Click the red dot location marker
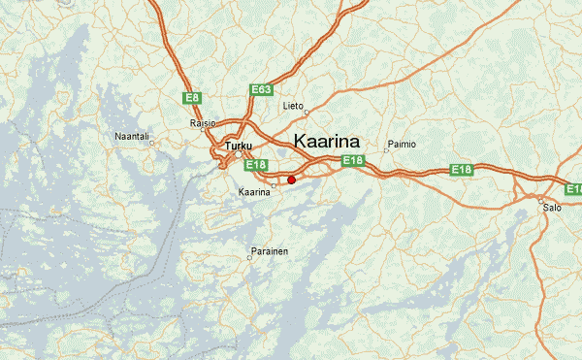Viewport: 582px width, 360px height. pyautogui.click(x=291, y=180)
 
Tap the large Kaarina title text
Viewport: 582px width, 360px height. pyautogui.click(x=326, y=141)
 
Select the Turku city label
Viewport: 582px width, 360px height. pyautogui.click(x=238, y=147)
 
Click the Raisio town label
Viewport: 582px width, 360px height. pyautogui.click(x=203, y=123)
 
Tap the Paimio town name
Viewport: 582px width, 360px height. pyautogui.click(x=402, y=144)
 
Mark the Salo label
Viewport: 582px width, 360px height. pyautogui.click(x=552, y=208)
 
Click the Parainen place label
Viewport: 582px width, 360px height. pyautogui.click(x=269, y=250)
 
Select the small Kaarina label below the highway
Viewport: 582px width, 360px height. pyautogui.click(x=254, y=192)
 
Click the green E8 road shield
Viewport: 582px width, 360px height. pyautogui.click(x=192, y=98)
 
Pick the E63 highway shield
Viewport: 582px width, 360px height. pyautogui.click(x=261, y=89)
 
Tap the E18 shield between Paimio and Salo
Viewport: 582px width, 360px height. pyautogui.click(x=462, y=170)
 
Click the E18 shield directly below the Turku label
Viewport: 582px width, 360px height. pyautogui.click(x=255, y=166)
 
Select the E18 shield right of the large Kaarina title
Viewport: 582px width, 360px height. pyautogui.click(x=352, y=161)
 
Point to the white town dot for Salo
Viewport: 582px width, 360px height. pyautogui.click(x=541, y=199)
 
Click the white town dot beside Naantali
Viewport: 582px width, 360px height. pyautogui.click(x=151, y=142)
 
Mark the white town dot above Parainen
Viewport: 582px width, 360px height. pyautogui.click(x=249, y=258)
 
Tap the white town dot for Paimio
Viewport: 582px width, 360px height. pyautogui.click(x=386, y=150)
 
